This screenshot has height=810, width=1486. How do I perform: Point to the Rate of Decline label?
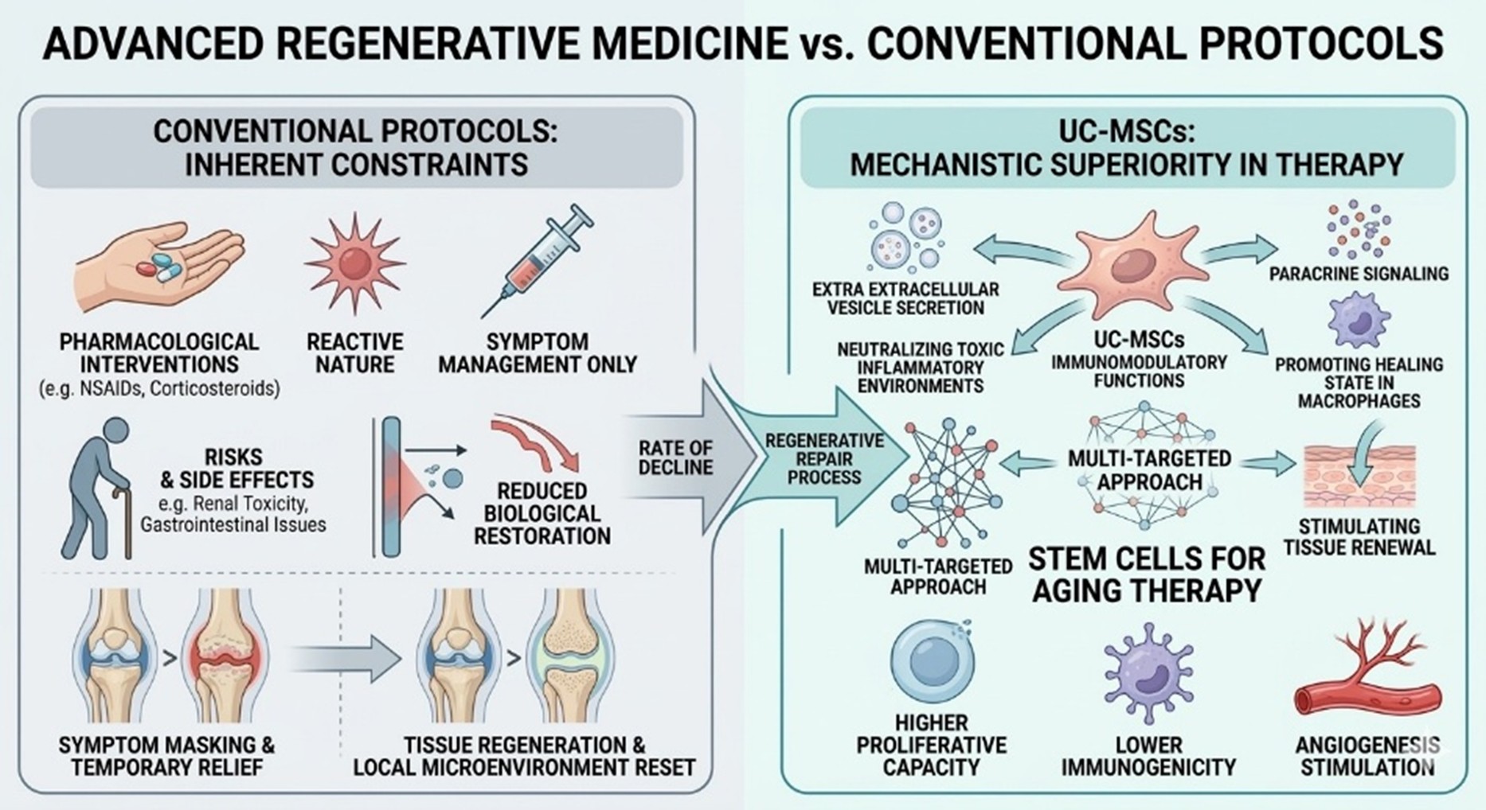tap(675, 458)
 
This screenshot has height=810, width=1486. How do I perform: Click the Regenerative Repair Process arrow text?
tap(824, 459)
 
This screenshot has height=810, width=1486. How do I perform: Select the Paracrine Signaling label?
tap(1359, 274)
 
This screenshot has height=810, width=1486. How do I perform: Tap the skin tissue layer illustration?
tap(1359, 477)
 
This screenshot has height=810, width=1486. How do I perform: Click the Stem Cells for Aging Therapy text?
tap(1147, 574)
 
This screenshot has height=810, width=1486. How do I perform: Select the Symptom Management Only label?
tap(538, 353)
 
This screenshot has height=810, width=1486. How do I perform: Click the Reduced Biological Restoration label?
tap(542, 513)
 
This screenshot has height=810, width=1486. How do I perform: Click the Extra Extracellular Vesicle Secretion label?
tap(905, 298)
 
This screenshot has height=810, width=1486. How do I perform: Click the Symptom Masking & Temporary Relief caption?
tap(166, 756)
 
